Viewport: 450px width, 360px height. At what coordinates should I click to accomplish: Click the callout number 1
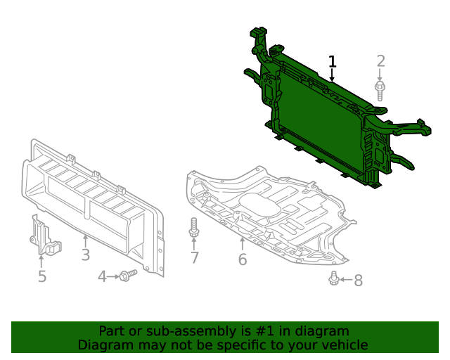tap(333, 62)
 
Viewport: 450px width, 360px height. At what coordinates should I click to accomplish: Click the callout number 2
tap(381, 61)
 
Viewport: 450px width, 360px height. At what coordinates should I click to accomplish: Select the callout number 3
tap(85, 255)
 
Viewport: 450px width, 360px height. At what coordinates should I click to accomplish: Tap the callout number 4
tap(102, 277)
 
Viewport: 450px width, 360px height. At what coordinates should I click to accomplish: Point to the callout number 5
tap(42, 276)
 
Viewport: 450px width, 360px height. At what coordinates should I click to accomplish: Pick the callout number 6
tap(243, 259)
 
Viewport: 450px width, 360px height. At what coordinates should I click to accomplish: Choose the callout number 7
tap(195, 257)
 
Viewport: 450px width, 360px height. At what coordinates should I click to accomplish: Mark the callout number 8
tap(358, 281)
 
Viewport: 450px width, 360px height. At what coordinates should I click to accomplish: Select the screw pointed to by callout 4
tap(128, 276)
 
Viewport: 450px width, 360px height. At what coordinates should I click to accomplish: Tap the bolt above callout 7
tap(194, 228)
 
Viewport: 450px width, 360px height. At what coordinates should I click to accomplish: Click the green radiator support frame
tap(323, 123)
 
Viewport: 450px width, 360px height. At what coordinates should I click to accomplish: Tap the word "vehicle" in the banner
tap(343, 345)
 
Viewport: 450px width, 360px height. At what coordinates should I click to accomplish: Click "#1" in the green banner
tap(264, 331)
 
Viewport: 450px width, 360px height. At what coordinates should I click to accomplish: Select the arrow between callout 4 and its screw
tap(113, 277)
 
